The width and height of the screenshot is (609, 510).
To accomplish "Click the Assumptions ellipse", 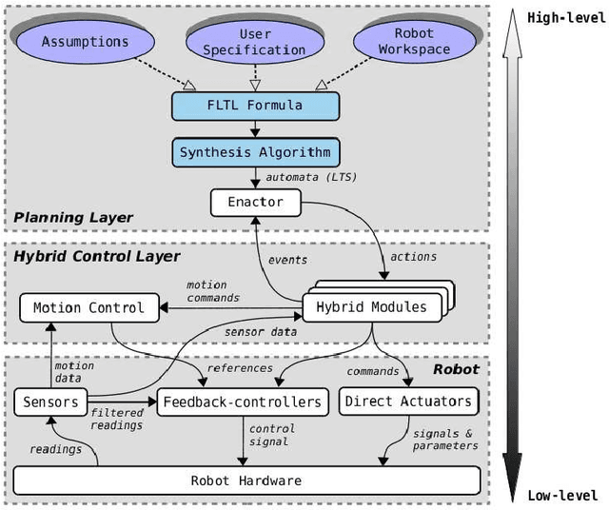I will click(x=86, y=42).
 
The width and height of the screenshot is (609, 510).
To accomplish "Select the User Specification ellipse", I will click(x=254, y=42).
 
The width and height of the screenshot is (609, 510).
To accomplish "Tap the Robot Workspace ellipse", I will click(x=413, y=42).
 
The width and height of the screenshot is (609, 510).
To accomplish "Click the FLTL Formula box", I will click(x=254, y=104).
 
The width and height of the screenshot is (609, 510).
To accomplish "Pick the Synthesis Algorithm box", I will click(x=254, y=151).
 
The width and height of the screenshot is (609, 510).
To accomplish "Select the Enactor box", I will click(x=254, y=202).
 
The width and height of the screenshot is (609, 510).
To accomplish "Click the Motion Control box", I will click(x=88, y=307).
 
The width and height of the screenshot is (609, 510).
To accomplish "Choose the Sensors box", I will click(x=48, y=402).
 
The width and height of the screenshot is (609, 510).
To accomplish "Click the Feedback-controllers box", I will click(x=243, y=402).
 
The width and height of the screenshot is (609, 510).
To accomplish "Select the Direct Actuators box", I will click(x=408, y=402).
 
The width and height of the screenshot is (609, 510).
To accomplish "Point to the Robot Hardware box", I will click(x=246, y=481).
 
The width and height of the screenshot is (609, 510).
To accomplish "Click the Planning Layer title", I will click(x=73, y=218).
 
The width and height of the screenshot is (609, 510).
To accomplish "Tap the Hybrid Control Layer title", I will click(x=96, y=256).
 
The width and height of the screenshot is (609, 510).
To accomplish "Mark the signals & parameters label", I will click(x=445, y=440).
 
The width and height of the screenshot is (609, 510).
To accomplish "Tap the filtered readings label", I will click(x=117, y=418).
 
